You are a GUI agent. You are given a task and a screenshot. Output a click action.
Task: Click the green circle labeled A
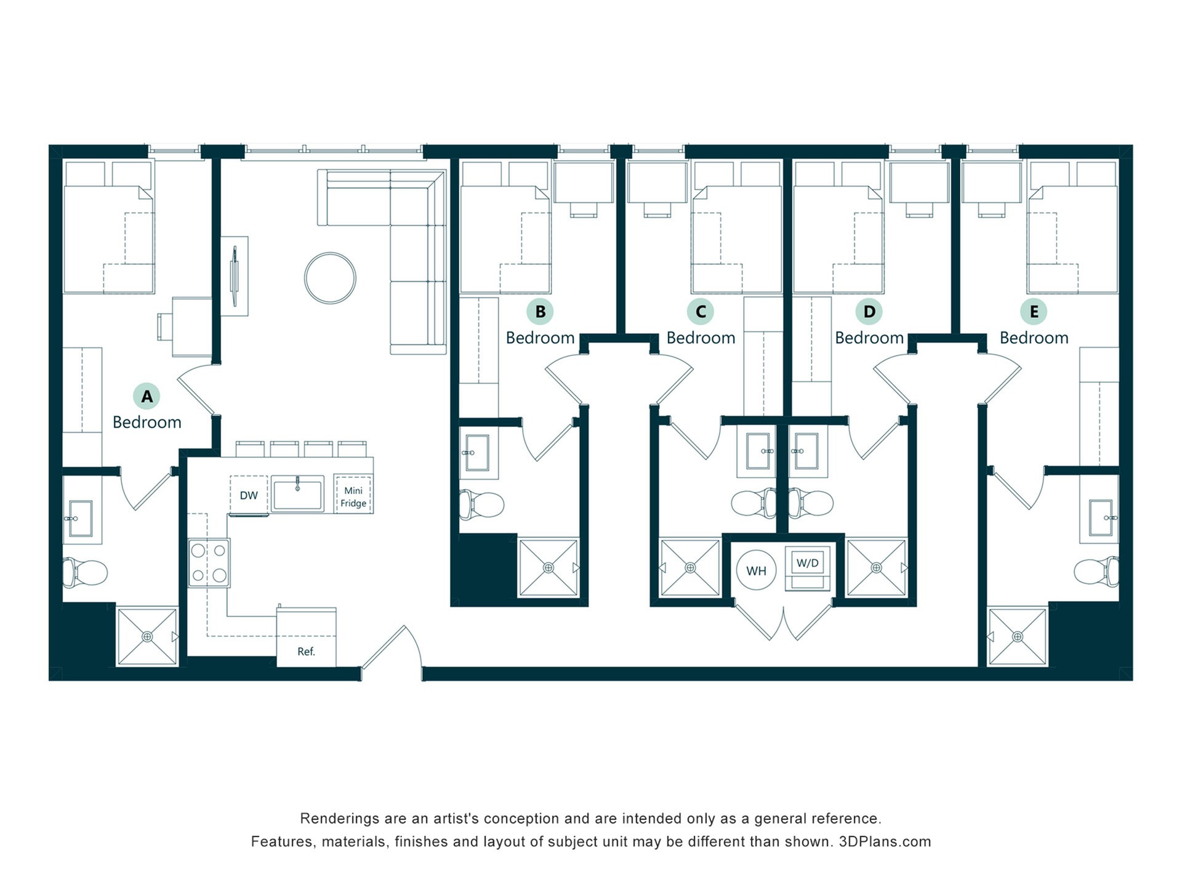[147, 396]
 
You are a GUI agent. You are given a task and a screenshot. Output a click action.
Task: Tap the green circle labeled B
[540, 312]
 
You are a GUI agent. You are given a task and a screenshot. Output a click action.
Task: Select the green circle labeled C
[701, 312]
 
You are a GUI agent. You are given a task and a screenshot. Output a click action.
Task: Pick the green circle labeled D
[869, 312]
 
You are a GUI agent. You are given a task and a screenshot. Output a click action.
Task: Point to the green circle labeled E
[1034, 312]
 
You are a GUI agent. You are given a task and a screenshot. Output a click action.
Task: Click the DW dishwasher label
[249, 495]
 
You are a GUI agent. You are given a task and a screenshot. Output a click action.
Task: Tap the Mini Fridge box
[353, 494]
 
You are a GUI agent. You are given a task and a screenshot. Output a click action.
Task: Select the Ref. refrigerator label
[306, 651]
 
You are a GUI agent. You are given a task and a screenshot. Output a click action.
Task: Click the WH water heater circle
[756, 570]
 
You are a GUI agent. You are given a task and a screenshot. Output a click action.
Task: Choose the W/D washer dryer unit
[808, 568]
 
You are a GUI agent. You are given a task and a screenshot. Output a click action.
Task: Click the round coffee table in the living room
[330, 278]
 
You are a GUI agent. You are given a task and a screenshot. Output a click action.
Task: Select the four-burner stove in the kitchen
[209, 562]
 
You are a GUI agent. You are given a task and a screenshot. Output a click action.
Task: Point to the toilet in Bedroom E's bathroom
[1097, 572]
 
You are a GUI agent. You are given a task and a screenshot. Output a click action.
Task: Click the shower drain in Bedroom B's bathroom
[549, 567]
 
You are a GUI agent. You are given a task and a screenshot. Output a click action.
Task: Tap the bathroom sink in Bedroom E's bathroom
[1099, 517]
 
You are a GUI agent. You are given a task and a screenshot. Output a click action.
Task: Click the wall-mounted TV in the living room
[234, 276]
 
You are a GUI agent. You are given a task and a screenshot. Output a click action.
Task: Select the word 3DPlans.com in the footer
[885, 841]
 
